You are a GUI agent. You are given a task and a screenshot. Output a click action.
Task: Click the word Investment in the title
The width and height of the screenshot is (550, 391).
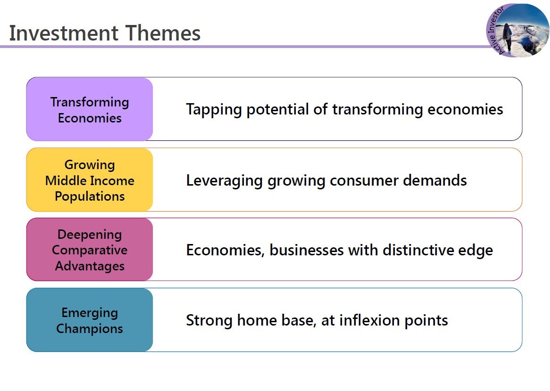(64, 33)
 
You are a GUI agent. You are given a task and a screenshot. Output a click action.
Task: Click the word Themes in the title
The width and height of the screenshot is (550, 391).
(163, 33)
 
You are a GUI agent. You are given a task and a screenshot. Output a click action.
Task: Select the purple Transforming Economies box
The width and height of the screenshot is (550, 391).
(90, 109)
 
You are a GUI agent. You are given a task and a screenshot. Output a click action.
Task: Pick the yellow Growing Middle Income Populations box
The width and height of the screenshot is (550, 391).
(90, 180)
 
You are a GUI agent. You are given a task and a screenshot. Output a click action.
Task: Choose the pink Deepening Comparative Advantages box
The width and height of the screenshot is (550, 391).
(90, 250)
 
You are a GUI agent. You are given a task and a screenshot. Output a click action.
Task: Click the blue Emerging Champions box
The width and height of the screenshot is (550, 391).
(90, 320)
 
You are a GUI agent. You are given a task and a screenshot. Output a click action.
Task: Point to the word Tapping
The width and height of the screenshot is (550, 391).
(214, 110)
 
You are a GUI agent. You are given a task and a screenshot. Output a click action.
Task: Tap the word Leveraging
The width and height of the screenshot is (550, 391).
(224, 181)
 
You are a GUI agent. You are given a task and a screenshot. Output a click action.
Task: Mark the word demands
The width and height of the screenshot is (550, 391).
(435, 180)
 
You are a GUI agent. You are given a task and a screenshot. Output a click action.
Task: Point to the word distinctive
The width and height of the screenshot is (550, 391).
(417, 250)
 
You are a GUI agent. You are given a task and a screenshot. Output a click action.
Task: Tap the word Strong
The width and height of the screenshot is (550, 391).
(209, 321)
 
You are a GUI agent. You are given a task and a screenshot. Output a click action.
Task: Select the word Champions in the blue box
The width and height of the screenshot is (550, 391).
(90, 329)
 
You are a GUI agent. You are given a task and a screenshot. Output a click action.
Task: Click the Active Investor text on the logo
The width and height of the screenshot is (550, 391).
(495, 30)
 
